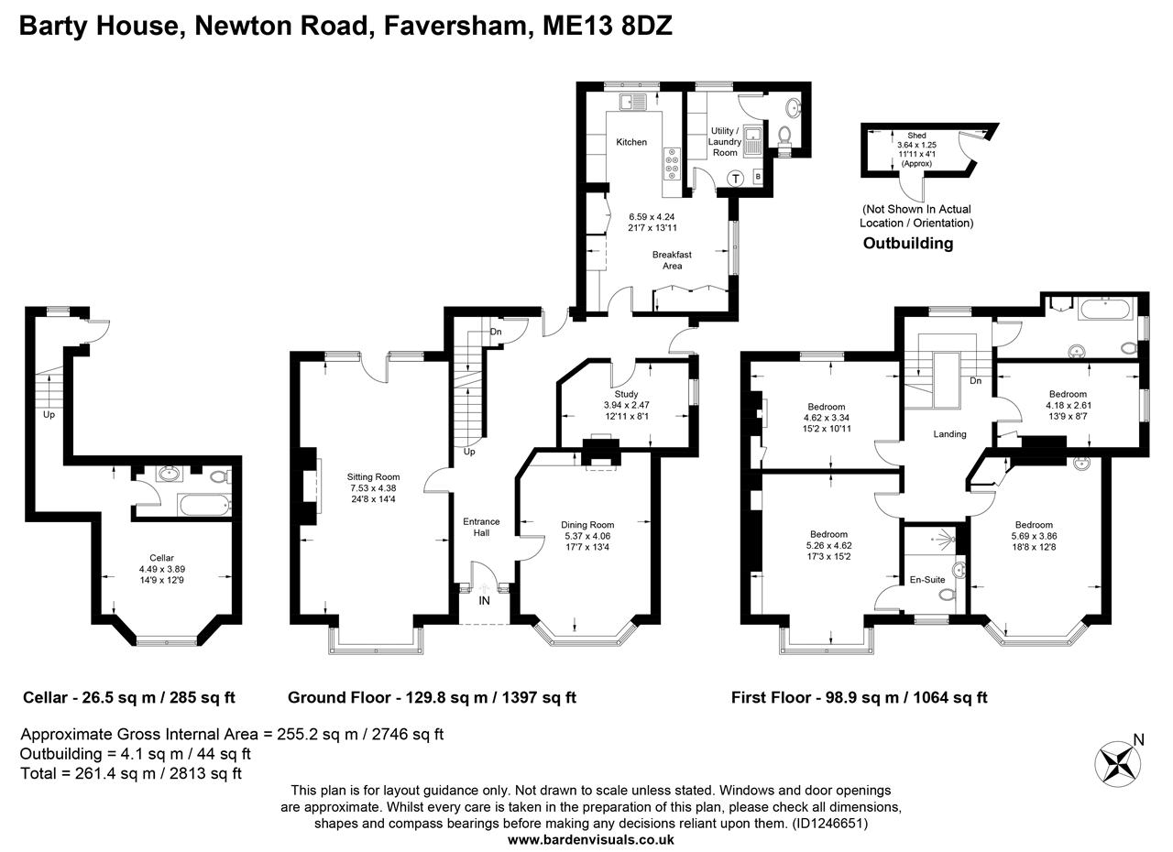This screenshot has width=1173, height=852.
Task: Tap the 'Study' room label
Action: pos(627,394)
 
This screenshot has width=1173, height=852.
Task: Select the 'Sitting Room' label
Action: pos(373,476)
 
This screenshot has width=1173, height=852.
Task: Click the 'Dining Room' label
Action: pos(587,525)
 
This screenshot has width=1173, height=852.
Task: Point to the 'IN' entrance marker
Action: pos(484,601)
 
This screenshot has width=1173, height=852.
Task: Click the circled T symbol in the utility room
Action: pos(734,179)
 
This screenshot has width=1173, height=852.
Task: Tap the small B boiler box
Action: pos(757,176)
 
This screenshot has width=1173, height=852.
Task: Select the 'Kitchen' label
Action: pos(631,142)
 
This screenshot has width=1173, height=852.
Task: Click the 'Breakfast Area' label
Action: pos(672,260)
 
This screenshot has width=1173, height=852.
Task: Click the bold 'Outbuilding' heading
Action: pos(908,244)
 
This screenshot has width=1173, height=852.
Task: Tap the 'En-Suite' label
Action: pos(928,579)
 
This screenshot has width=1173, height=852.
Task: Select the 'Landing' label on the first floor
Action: pos(949,434)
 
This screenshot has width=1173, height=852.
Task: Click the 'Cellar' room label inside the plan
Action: pos(162,557)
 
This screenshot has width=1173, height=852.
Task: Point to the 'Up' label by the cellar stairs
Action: pos(49,414)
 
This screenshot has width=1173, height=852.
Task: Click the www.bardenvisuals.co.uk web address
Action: pos(591,839)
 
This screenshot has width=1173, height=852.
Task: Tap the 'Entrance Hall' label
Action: pos(480,527)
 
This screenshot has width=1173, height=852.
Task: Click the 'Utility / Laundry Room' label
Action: pos(724,142)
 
